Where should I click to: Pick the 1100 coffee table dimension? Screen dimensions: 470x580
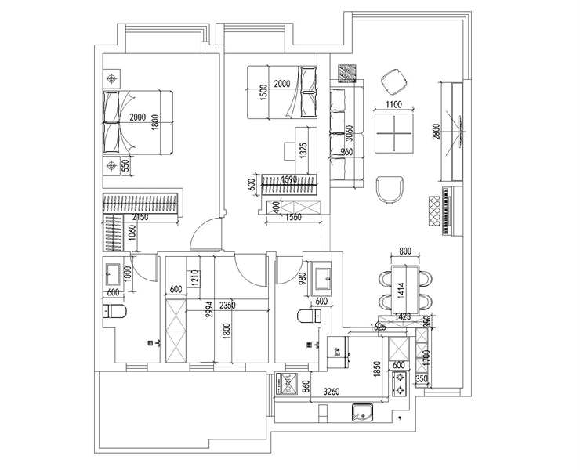393,104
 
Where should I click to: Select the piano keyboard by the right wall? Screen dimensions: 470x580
448,211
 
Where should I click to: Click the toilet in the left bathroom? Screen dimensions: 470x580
118,312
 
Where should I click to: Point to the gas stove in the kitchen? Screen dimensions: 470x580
401,382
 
